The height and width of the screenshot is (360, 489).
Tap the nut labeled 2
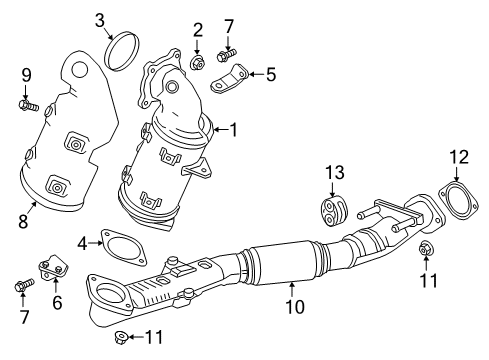point(197,64)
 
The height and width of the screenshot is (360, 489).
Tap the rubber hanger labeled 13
point(330,210)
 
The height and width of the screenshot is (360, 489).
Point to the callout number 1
point(233,129)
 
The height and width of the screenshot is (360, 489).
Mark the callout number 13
point(331,174)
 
